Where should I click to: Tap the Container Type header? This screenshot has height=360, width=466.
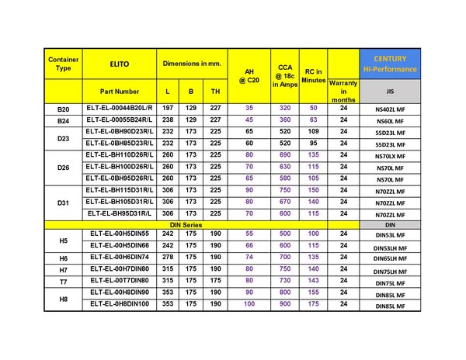tap(64, 63)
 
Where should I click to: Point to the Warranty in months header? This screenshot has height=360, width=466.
tap(343, 91)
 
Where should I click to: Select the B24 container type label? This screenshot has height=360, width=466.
tap(64, 121)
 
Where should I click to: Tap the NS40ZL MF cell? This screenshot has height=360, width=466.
tap(390, 110)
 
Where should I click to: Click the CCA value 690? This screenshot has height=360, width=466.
tap(285, 155)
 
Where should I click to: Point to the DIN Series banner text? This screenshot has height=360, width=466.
tap(186, 224)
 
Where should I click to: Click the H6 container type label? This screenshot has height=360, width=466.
tap(64, 258)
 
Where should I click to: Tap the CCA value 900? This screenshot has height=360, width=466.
tap(285, 303)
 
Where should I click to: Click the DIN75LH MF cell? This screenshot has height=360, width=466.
tap(390, 271)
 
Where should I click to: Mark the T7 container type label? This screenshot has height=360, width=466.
tap(64, 281)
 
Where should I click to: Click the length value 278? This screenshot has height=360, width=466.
tap(168, 257)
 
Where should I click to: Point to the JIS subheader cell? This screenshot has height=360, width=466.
tap(390, 91)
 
